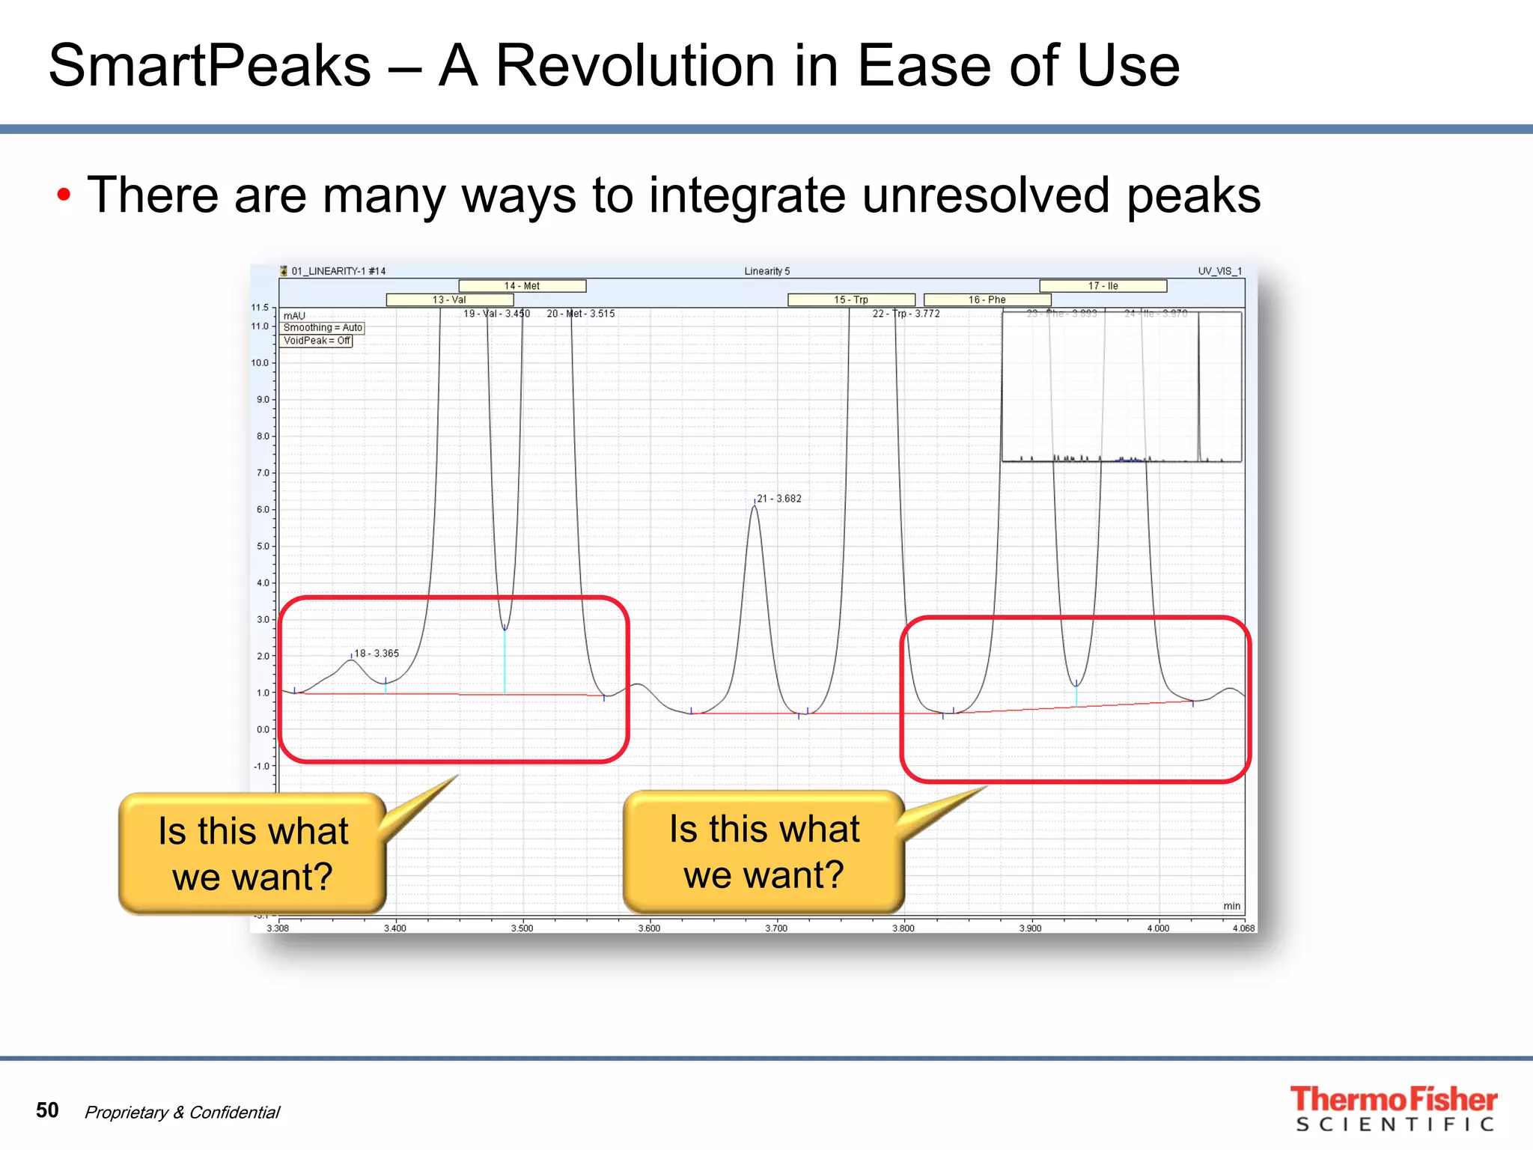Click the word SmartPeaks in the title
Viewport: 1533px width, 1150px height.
click(x=210, y=66)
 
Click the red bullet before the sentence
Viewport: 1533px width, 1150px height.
click(x=64, y=195)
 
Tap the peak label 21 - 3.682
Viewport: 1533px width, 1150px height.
click(x=778, y=499)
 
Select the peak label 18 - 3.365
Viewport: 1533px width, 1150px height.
click(x=376, y=654)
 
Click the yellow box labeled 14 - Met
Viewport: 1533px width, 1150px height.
click(x=522, y=286)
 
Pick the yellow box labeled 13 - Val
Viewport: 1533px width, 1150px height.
click(x=449, y=299)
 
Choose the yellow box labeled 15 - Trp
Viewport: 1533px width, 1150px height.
click(x=851, y=299)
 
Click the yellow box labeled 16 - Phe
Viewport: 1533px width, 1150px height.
click(x=987, y=299)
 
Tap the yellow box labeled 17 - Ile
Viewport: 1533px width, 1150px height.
click(x=1103, y=286)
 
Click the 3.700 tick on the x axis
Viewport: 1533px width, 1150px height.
click(x=776, y=928)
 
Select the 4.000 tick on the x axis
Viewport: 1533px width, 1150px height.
click(x=1158, y=928)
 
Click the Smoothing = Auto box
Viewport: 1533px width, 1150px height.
click(x=323, y=328)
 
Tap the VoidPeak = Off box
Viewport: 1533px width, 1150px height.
click(x=317, y=341)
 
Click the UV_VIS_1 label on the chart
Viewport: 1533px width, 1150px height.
click(x=1219, y=271)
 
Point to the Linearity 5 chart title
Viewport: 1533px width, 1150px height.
click(x=766, y=271)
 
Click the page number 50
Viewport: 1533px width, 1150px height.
click(x=47, y=1110)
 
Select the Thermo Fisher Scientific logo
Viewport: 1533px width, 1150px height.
click(x=1393, y=1109)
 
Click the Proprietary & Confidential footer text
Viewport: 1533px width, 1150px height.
click(x=182, y=1113)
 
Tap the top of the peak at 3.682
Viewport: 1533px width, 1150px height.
click(x=754, y=508)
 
